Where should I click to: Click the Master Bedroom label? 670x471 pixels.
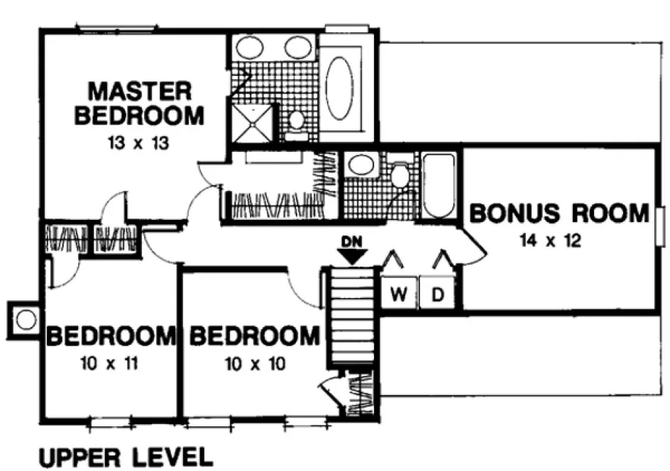point(139,104)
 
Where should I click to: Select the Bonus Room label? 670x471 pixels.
point(559,213)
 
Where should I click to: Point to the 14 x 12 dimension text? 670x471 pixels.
point(550,241)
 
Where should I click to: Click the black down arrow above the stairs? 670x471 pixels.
point(352,257)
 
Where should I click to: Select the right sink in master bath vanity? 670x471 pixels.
point(298,48)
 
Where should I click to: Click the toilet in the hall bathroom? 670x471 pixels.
point(401,174)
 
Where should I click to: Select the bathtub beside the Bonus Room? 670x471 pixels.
point(439,185)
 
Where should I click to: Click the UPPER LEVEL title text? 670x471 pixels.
point(125,456)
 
